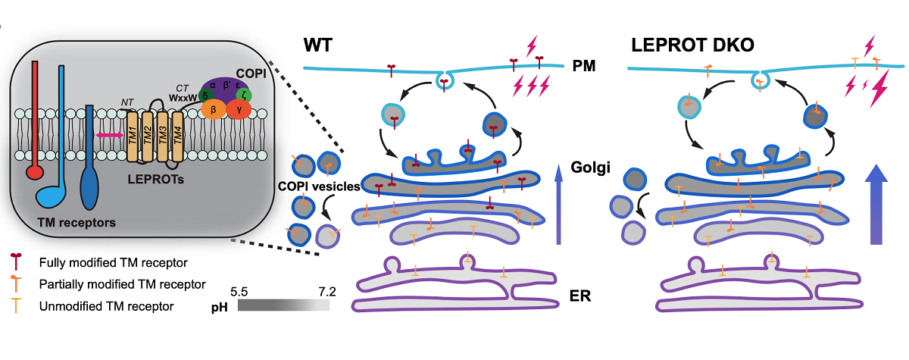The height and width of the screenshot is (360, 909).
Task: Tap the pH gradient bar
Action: click(283, 305)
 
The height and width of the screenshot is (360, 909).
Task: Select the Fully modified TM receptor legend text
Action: click(113, 262)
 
